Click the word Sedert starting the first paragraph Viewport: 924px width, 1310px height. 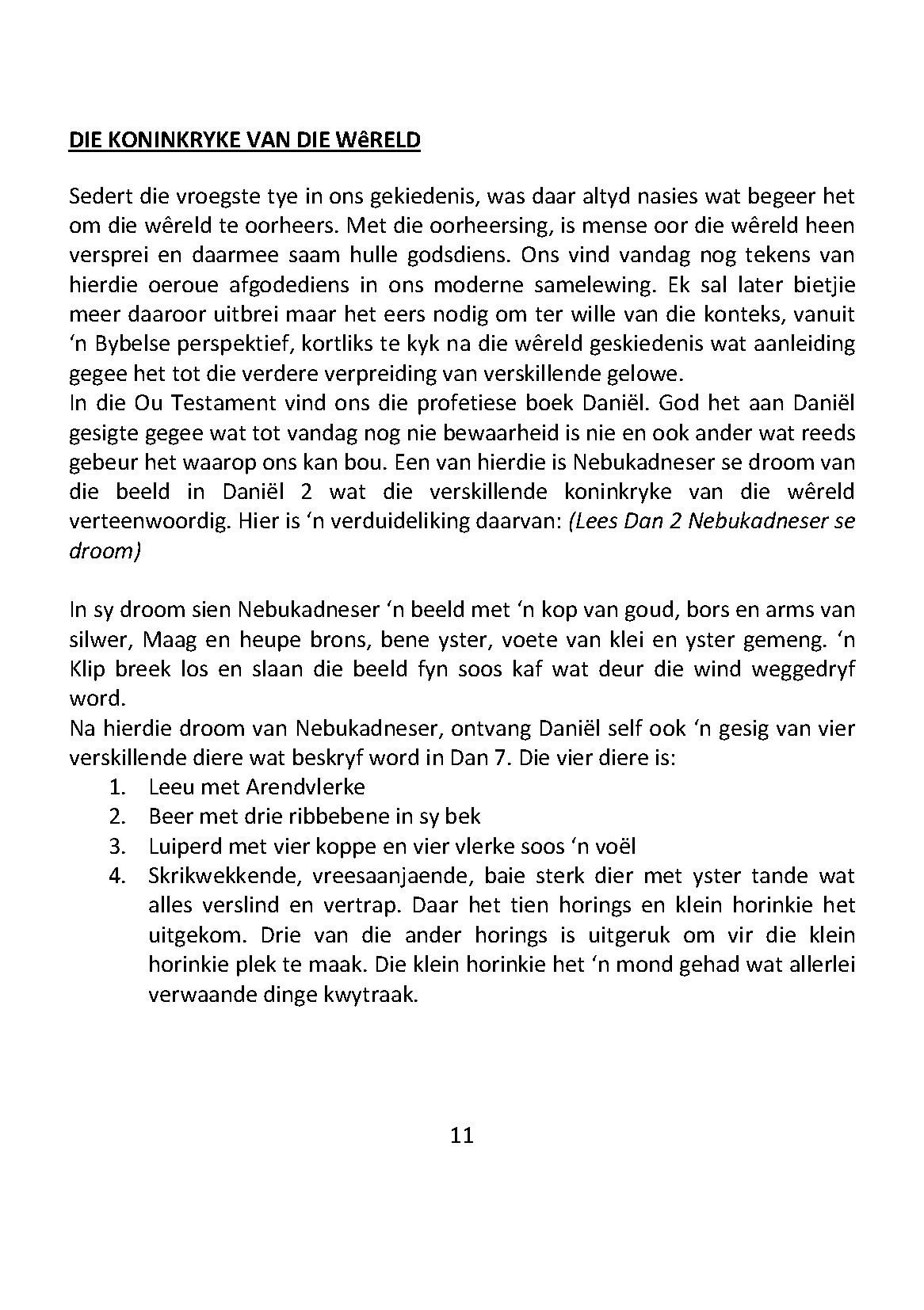[99, 196]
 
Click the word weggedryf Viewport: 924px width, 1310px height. [802, 669]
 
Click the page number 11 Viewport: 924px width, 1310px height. [461, 1136]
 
